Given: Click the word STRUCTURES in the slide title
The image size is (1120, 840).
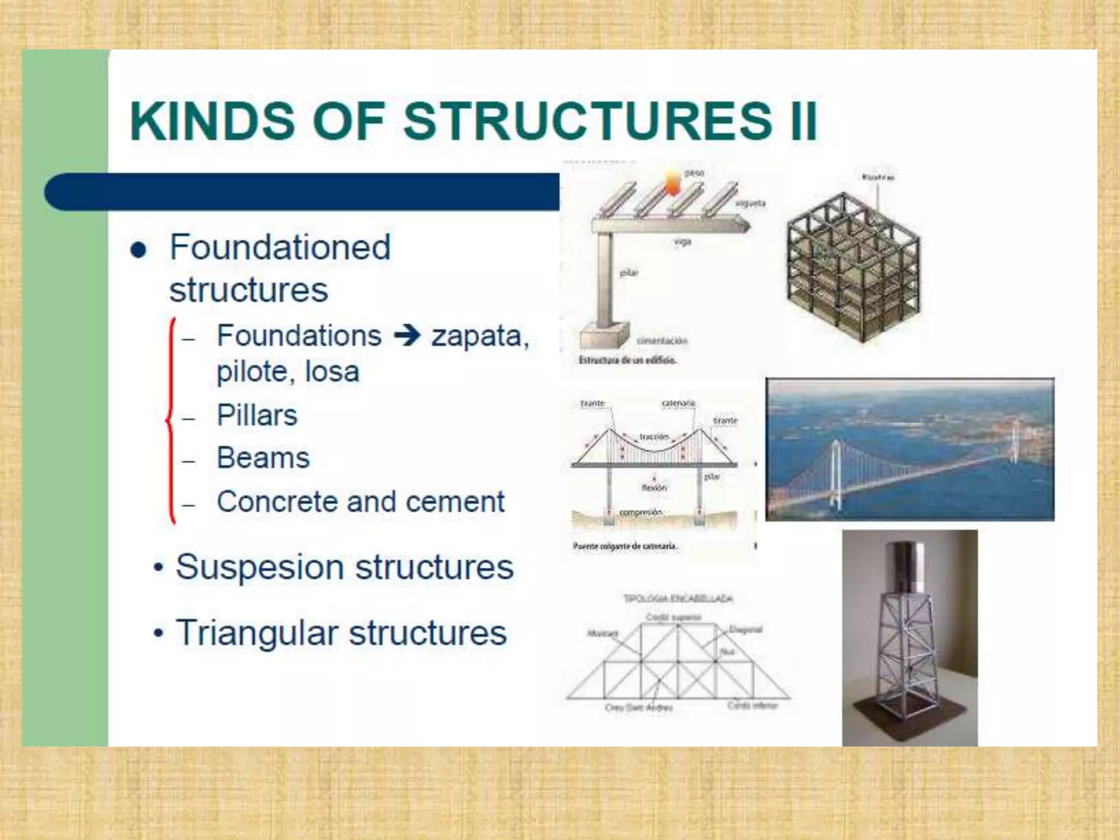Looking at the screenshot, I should (x=588, y=121).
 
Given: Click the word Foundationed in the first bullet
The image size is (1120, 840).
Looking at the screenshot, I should (x=280, y=247).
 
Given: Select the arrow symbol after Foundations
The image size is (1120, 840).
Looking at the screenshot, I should (x=407, y=335).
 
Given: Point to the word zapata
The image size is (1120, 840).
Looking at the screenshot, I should (x=479, y=336).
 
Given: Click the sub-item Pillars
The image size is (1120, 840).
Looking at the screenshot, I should (x=257, y=415).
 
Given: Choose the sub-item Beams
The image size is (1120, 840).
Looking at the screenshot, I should (x=263, y=458).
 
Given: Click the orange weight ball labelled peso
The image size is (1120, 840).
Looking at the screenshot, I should (x=673, y=183).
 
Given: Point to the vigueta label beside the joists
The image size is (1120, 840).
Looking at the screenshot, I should (x=750, y=203).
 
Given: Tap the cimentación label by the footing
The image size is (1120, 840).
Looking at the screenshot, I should (x=662, y=341).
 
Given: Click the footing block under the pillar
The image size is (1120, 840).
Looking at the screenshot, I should (x=603, y=334).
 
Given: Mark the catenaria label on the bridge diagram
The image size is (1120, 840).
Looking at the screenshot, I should (x=678, y=404).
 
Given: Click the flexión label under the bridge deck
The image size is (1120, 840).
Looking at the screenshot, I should (x=654, y=487).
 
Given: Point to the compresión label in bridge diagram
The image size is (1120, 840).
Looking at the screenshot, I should (x=640, y=512).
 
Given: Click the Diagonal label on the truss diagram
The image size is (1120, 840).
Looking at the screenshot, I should (x=745, y=629).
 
